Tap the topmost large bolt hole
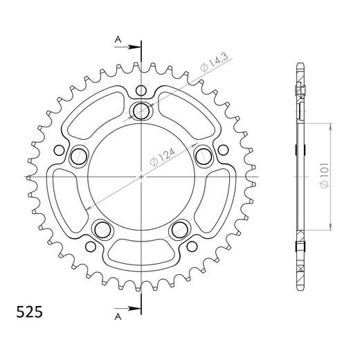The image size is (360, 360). pos(142,110)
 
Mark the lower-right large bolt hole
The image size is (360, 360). pos(181,230)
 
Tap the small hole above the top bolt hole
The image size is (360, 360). pos(142,91)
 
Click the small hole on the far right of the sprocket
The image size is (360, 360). pos(223,150)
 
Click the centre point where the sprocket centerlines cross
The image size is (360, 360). pos(142,177)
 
